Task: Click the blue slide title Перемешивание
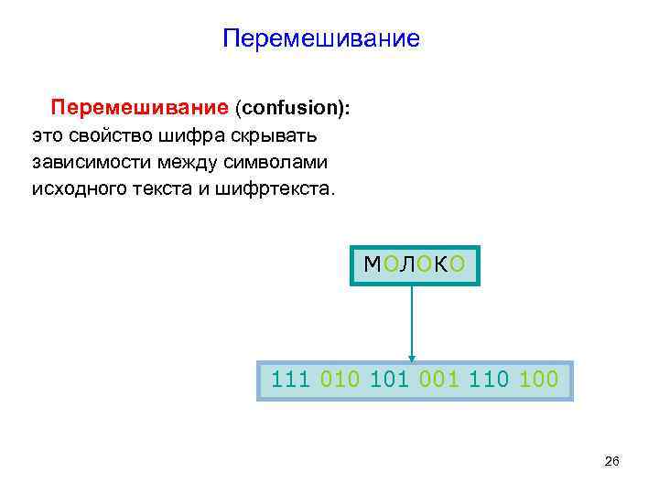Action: point(321,39)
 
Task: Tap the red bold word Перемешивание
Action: point(139,109)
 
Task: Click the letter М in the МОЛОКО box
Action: point(373,265)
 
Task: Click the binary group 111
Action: point(291,379)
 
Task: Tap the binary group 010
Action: point(340,379)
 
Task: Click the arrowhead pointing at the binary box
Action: point(412,356)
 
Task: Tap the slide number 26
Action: point(612,462)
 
